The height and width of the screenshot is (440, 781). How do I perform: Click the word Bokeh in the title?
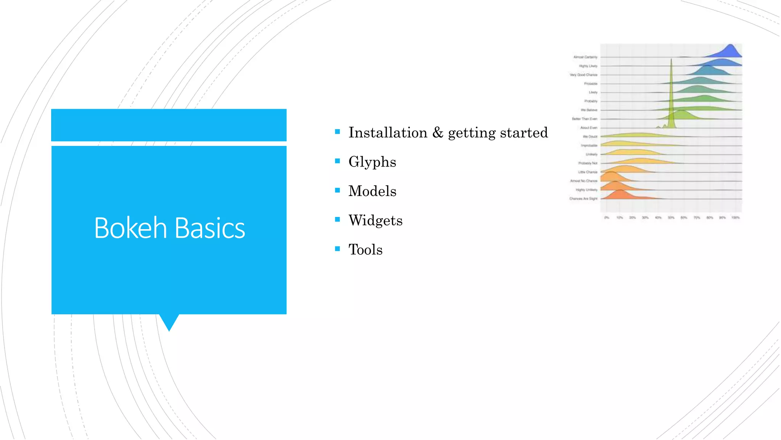click(130, 228)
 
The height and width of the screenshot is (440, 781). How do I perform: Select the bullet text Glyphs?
click(372, 162)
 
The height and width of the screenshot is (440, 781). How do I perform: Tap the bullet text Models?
click(372, 191)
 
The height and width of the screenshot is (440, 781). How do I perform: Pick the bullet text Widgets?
click(375, 220)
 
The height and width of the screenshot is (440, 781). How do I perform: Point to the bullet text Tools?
click(365, 250)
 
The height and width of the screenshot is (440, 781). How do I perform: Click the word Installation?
click(388, 133)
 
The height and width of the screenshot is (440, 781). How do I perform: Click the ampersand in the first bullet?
click(438, 133)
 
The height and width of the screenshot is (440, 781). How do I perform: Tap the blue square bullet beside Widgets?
click(337, 219)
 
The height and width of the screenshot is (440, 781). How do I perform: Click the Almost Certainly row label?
click(585, 57)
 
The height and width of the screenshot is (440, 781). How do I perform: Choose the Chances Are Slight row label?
click(583, 199)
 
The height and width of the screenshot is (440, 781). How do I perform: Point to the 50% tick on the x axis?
click(671, 218)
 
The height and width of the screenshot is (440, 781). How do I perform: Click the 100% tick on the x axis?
click(735, 218)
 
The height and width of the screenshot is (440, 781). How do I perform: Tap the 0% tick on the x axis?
click(607, 218)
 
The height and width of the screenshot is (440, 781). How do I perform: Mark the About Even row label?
click(589, 128)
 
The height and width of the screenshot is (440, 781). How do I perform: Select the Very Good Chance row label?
click(583, 75)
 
